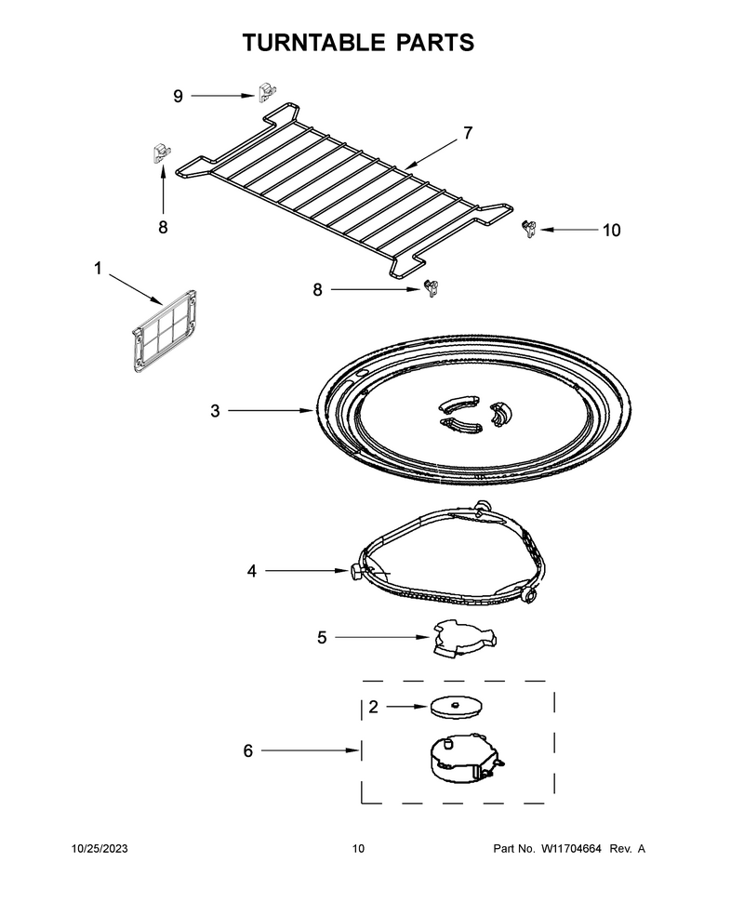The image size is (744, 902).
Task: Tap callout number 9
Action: coord(178,96)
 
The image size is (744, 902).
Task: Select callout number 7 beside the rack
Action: coord(468,133)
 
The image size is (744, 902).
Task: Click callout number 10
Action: coord(612,230)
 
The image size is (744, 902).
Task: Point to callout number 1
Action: coord(98,268)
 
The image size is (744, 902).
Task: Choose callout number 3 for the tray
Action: coord(215,411)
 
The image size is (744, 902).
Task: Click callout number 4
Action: coord(251,571)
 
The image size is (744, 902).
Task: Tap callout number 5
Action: coord(322,637)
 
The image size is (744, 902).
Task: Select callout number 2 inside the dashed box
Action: coord(374,707)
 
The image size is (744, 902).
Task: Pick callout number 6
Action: coord(248,750)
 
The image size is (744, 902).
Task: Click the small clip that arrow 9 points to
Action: coord(267,92)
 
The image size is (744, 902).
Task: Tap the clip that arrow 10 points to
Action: coord(529,229)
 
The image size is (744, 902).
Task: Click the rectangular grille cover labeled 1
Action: coord(165,331)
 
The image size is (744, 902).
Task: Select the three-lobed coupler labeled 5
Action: coord(464,639)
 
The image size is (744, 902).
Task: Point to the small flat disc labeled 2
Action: coord(456,707)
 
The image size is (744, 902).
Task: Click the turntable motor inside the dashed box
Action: coord(465,758)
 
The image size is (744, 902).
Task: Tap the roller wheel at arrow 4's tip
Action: coord(355,571)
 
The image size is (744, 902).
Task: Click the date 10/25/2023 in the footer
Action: coord(100,848)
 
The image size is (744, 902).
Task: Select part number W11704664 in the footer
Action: coord(571,848)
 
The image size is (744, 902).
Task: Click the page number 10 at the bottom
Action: coord(358,848)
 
